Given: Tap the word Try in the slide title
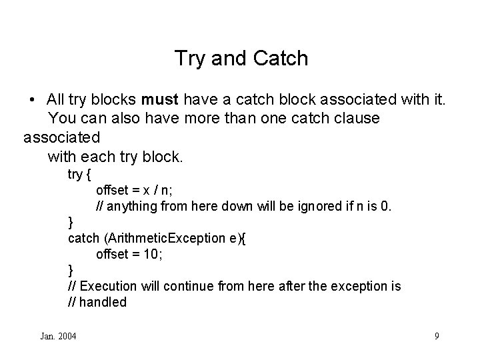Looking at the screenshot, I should pyautogui.click(x=189, y=59).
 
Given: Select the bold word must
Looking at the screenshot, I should pyautogui.click(x=160, y=100).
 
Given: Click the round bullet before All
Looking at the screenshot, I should pyautogui.click(x=32, y=101).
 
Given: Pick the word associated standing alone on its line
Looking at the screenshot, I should pyautogui.click(x=61, y=138).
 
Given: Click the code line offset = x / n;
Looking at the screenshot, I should pyautogui.click(x=135, y=189).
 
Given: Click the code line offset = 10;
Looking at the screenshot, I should pyautogui.click(x=131, y=254).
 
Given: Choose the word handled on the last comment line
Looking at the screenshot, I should pyautogui.click(x=104, y=302).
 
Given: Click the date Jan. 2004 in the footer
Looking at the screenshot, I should pyautogui.click(x=57, y=336).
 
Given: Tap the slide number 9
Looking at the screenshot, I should pyautogui.click(x=437, y=336).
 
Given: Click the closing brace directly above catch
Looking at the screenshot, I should pyautogui.click(x=71, y=222).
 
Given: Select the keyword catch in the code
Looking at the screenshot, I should pyautogui.click(x=83, y=238).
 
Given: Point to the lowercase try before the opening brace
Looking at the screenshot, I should pyautogui.click(x=75, y=174).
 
